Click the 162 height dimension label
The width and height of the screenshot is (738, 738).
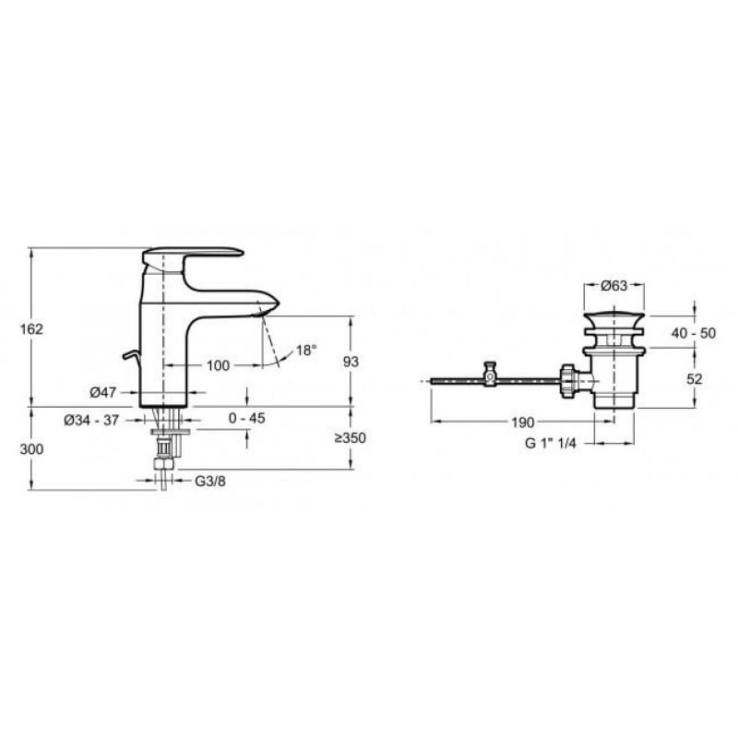pos(31,329)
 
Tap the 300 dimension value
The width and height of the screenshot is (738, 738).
pos(31,449)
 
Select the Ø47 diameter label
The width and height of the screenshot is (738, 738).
pos(102,392)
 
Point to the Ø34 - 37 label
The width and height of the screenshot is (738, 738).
pos(91,420)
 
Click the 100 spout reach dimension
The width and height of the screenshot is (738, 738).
pos(218,365)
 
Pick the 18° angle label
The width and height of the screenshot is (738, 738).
pos(306,351)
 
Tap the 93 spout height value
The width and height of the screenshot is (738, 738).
pos(351,362)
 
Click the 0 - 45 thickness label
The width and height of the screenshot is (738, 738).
pos(247,418)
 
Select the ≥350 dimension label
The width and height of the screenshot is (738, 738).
pos(351,437)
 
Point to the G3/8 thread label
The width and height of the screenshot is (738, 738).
pos(210,481)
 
